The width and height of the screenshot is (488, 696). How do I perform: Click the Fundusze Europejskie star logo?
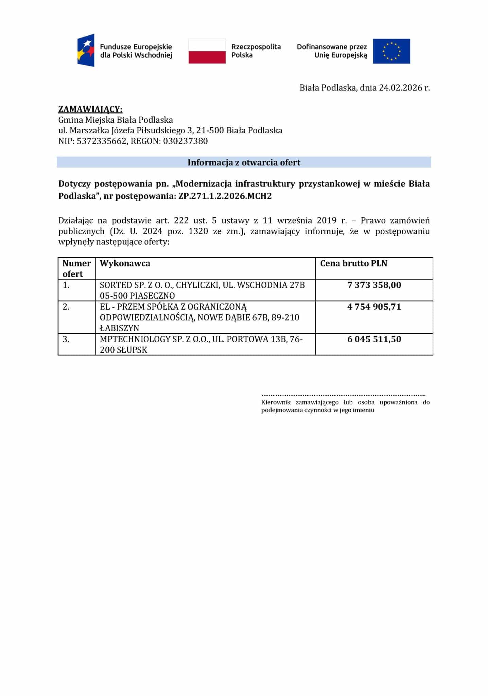coord(86,50)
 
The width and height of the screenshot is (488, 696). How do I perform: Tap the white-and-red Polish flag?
coord(207,51)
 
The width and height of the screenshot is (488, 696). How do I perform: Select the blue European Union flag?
coord(391,51)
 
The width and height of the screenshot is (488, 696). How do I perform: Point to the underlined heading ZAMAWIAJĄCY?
coord(90,109)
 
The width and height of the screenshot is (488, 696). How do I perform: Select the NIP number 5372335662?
coord(102,141)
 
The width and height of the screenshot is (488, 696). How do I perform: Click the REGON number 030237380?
coord(185,141)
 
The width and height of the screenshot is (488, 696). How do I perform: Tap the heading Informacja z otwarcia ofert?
coord(244,162)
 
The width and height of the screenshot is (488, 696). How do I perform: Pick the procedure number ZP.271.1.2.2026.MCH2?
coord(225,196)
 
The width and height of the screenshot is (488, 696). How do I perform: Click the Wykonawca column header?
coord(125,263)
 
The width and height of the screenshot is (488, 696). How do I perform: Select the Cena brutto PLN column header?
coord(353,263)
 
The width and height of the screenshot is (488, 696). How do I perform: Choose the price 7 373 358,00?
coord(374,285)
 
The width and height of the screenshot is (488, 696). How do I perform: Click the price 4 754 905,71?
coord(374,307)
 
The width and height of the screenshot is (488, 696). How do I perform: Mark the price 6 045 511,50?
coord(374,339)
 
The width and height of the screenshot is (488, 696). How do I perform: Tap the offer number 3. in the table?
coord(66,339)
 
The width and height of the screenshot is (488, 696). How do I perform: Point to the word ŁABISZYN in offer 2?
coord(119,328)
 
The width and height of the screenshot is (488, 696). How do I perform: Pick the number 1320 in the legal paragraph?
coord(198,231)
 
